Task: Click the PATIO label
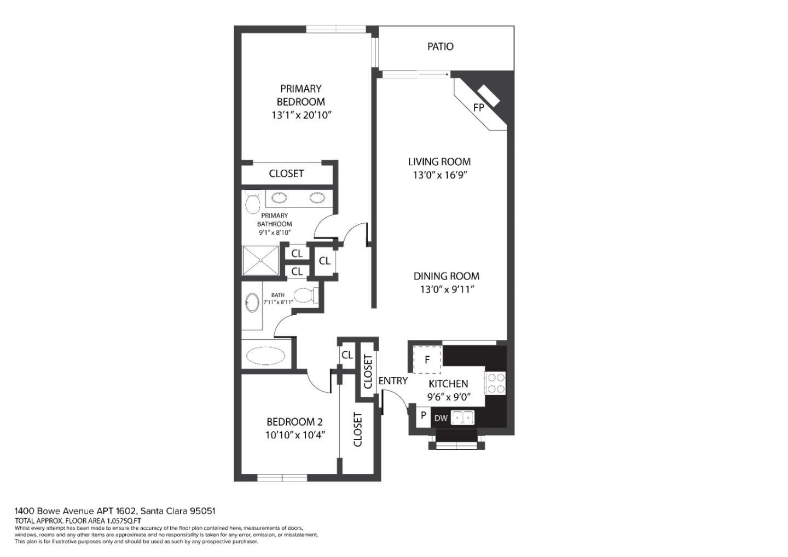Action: coord(440,47)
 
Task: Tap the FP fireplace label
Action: coord(479,108)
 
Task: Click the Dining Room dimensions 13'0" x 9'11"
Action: coord(446,290)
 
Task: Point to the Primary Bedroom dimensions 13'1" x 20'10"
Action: coord(302,115)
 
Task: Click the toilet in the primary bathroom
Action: coord(252,204)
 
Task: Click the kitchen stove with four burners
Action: coord(495,383)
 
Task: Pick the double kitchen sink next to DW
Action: coord(462,418)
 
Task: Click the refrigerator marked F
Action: coord(427,359)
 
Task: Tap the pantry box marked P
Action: coord(423,416)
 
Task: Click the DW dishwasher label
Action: coord(441,419)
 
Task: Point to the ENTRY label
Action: coord(392,381)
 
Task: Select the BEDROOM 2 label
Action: coord(294,422)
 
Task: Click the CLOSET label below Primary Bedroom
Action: coord(286,173)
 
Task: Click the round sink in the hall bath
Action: coord(252,303)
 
